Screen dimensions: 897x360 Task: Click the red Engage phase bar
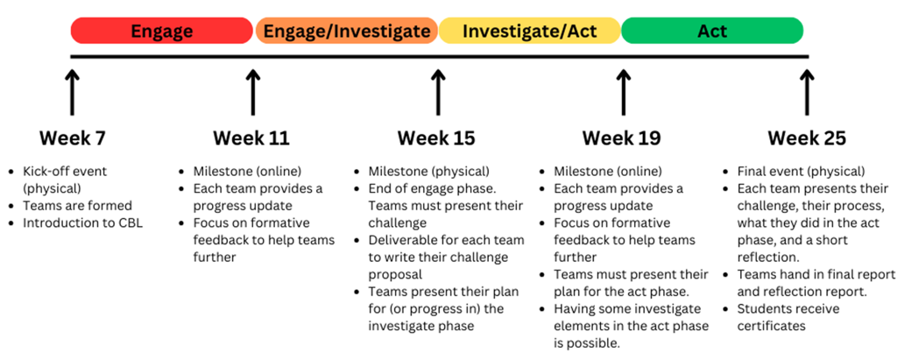[x=162, y=31]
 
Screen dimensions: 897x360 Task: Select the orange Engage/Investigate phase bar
[x=347, y=31]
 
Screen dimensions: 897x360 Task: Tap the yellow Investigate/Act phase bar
[x=530, y=31]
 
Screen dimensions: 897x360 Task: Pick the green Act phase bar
[x=712, y=31]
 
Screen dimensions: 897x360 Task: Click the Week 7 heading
[x=72, y=138]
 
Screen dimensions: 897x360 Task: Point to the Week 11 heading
[x=251, y=138]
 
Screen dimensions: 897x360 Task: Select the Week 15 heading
[x=436, y=138]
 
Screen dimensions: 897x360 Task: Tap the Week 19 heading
[x=622, y=138]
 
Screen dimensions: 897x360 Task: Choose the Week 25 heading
[x=807, y=138]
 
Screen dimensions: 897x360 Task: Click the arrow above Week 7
[x=72, y=93]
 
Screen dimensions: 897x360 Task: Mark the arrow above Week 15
[x=438, y=93]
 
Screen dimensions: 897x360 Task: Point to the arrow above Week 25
[x=807, y=93]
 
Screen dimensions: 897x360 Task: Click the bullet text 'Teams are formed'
[x=77, y=206]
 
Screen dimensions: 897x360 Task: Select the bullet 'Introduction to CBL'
[x=83, y=222]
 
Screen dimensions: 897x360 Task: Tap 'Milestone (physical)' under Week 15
[x=429, y=171]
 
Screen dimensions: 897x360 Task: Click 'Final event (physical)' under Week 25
[x=801, y=171]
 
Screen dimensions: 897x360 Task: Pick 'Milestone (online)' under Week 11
[x=247, y=171]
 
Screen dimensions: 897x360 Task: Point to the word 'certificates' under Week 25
[x=771, y=326]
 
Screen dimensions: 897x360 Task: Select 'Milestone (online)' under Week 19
[x=608, y=171]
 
